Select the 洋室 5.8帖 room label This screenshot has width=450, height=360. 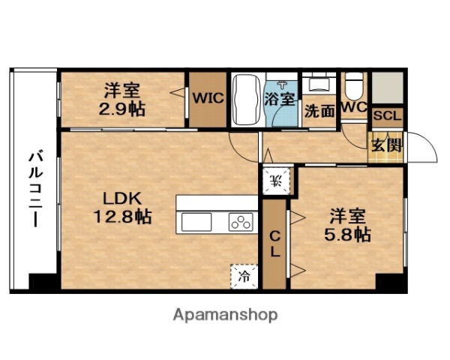[347, 224]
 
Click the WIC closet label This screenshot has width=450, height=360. [206, 97]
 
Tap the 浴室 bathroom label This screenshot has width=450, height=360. [281, 97]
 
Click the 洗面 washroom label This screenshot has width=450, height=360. [319, 110]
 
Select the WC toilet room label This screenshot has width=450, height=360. [353, 107]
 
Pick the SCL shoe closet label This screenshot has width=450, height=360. [386, 116]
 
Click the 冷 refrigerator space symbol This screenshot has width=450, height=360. [244, 275]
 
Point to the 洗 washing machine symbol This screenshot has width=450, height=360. [275, 179]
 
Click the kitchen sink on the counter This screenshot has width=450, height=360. [196, 222]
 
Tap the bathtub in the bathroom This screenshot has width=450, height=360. [246, 99]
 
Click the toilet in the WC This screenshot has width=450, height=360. [354, 84]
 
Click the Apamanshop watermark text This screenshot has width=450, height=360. [225, 314]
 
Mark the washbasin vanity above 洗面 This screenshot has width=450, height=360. [320, 84]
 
